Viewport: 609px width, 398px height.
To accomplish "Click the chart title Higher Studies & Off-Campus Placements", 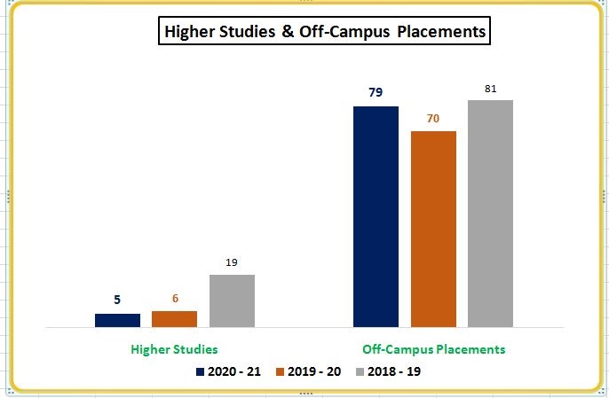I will click(x=324, y=33).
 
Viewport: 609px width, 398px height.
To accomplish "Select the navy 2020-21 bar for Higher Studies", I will click(x=117, y=320).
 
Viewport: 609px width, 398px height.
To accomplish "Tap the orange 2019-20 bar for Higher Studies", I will click(x=174, y=319).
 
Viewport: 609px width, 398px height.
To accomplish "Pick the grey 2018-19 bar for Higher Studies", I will click(x=232, y=300).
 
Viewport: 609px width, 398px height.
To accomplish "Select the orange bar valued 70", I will click(x=433, y=230).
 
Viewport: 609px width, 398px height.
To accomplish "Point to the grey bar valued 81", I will click(x=490, y=214).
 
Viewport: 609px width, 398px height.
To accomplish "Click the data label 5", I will click(x=116, y=300).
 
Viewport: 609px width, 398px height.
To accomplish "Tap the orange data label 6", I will click(x=174, y=298).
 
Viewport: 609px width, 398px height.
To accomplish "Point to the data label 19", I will click(x=232, y=262).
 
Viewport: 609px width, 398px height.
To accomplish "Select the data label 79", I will click(x=376, y=92).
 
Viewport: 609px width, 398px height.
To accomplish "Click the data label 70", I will click(x=433, y=118).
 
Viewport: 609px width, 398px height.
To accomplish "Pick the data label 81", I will click(x=491, y=89).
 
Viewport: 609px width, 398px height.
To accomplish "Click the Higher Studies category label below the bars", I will click(x=174, y=349).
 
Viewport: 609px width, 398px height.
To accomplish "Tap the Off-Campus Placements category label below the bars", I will click(x=434, y=349).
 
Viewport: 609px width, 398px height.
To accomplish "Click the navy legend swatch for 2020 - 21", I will click(x=201, y=372).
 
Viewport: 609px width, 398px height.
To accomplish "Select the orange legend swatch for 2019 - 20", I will click(x=281, y=372).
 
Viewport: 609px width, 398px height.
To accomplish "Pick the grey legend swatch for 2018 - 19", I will click(x=361, y=372).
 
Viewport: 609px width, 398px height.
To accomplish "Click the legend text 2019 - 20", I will click(x=315, y=372).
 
